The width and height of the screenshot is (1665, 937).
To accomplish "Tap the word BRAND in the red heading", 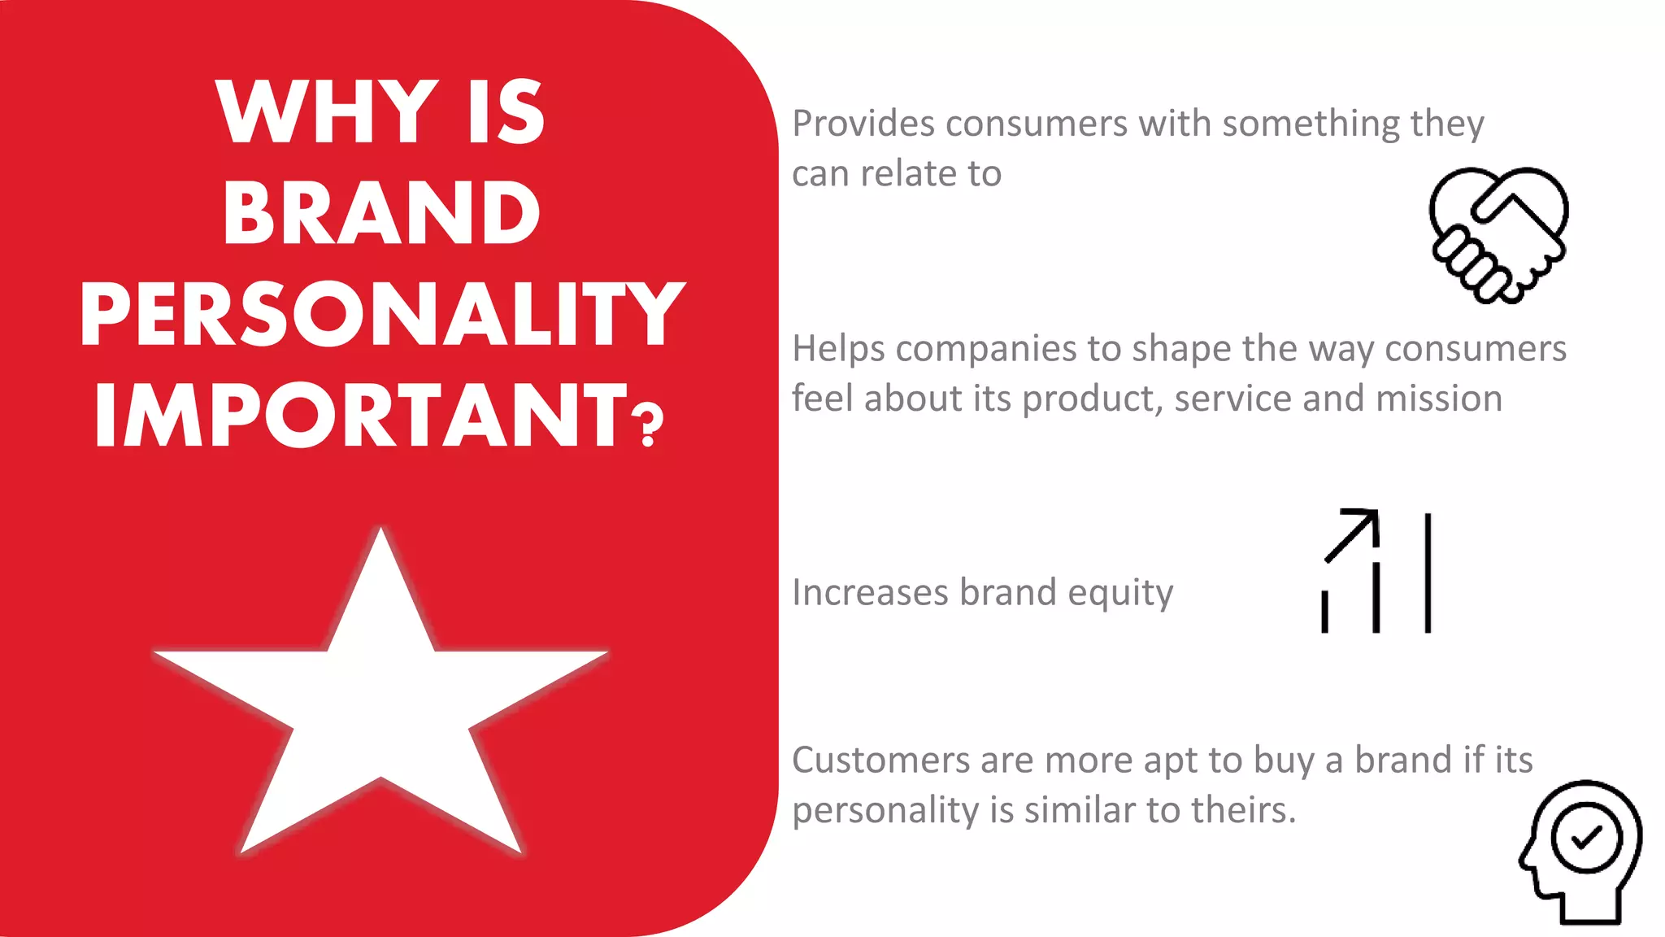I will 381,214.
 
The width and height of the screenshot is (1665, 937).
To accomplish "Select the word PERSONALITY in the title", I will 382,315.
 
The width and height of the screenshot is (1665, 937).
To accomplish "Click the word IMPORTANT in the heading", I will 361,416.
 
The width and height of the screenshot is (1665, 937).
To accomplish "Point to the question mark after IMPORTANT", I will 648,426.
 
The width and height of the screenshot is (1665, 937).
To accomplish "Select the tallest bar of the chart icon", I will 1428,573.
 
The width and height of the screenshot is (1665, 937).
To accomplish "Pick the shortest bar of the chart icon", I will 1324,612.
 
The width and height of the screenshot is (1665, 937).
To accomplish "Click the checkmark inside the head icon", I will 1586,837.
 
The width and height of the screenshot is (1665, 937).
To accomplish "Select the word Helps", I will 838,350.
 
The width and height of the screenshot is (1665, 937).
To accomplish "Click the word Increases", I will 870,592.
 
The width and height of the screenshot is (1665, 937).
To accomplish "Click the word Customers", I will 880,760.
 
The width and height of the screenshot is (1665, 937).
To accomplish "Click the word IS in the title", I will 506,113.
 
